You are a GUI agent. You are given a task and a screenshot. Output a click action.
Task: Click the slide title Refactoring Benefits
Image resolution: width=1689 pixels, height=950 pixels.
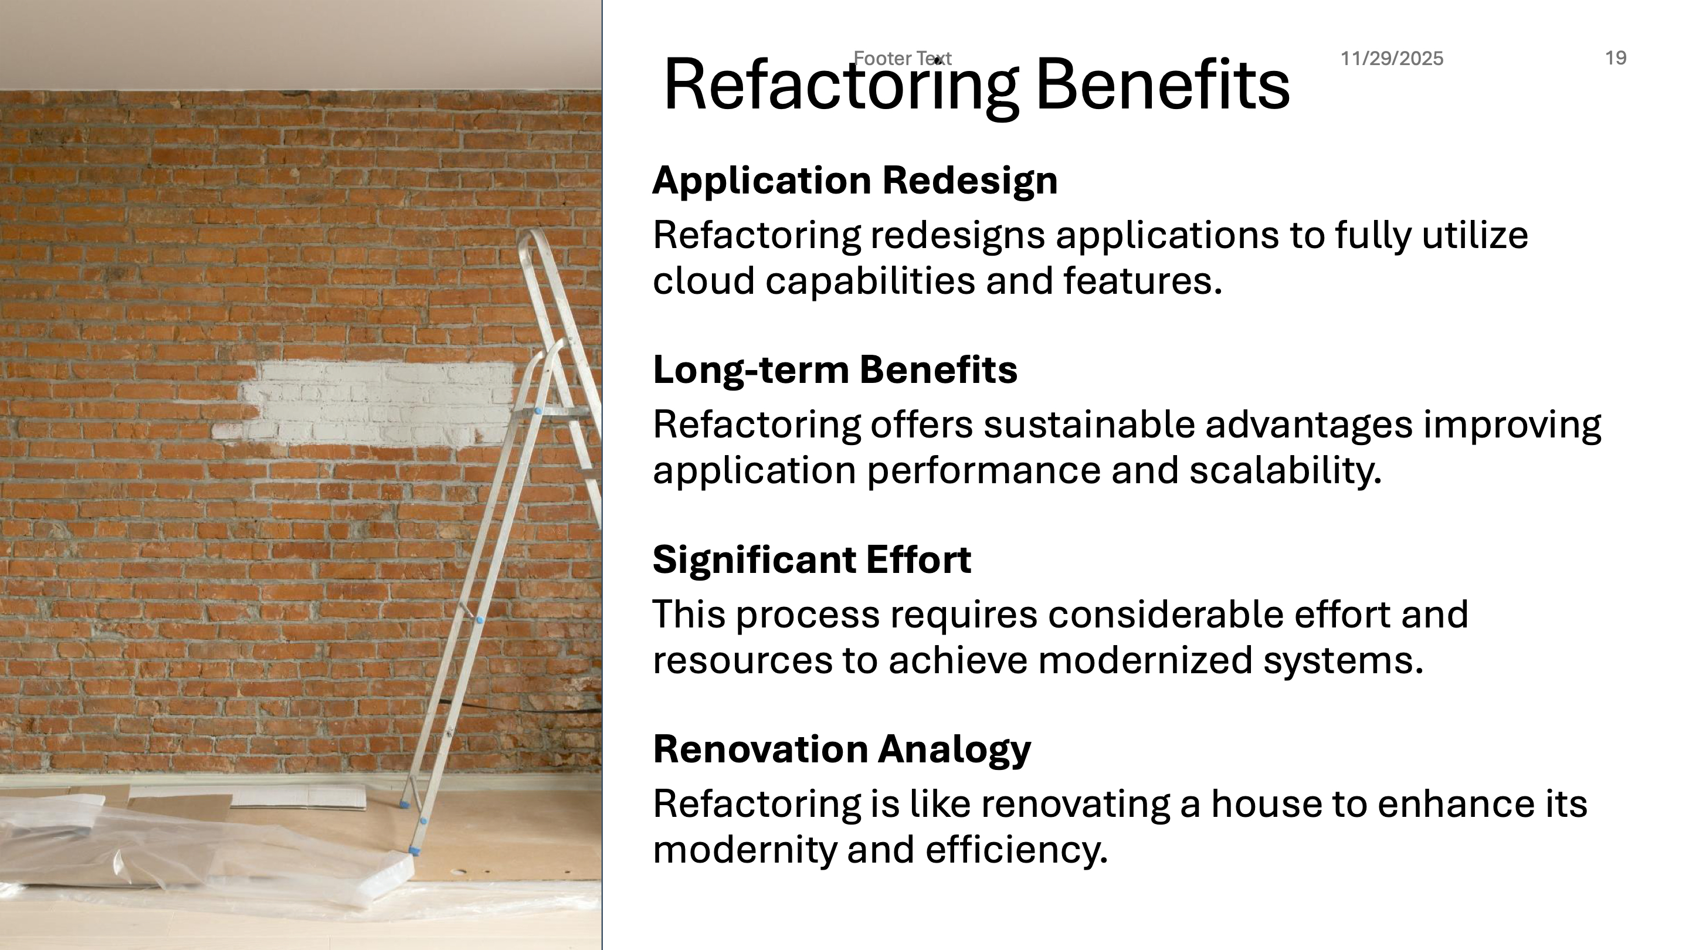[976, 85]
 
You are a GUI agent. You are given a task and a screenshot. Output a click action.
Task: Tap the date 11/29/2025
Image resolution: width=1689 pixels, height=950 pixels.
[1391, 59]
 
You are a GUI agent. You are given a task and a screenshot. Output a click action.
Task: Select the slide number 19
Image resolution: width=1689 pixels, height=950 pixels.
[1616, 59]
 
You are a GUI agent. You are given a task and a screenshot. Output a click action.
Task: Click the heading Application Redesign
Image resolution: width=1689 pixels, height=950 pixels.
[855, 180]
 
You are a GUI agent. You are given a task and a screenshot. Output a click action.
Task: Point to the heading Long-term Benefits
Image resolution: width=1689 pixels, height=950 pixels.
[835, 369]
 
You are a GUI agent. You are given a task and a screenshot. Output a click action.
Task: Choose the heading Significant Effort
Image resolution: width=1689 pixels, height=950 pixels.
[812, 559]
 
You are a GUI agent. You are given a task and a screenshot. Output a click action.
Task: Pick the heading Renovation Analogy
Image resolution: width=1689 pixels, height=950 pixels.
[842, 749]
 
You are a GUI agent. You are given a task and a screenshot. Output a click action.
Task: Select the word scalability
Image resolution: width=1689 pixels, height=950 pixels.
[1285, 470]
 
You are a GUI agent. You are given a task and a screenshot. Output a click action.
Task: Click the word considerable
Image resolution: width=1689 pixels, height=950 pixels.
[1165, 615]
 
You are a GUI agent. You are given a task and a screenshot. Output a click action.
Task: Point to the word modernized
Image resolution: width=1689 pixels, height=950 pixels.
[1145, 660]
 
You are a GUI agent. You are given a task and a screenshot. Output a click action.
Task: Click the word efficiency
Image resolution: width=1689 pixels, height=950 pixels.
[1016, 850]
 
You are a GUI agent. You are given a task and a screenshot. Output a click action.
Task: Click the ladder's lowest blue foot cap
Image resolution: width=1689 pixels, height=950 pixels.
[415, 850]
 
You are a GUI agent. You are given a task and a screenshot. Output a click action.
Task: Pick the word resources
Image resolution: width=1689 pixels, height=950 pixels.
[742, 661]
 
